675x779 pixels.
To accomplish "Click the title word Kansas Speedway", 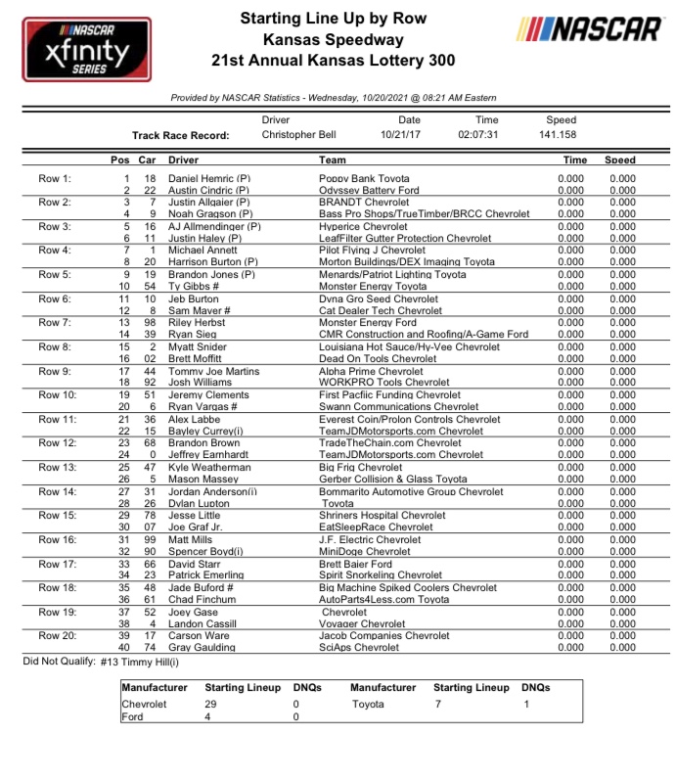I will [333, 40].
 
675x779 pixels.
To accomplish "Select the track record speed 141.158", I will [558, 135].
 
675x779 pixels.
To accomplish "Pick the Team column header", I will [333, 160].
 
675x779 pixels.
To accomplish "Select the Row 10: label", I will [55, 393].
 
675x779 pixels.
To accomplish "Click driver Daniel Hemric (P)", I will [209, 179].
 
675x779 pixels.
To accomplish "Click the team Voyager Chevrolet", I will [363, 623].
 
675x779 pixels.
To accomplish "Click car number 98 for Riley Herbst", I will [149, 322].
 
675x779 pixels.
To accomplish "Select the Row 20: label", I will [55, 635].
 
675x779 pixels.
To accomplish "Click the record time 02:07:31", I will [478, 135].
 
